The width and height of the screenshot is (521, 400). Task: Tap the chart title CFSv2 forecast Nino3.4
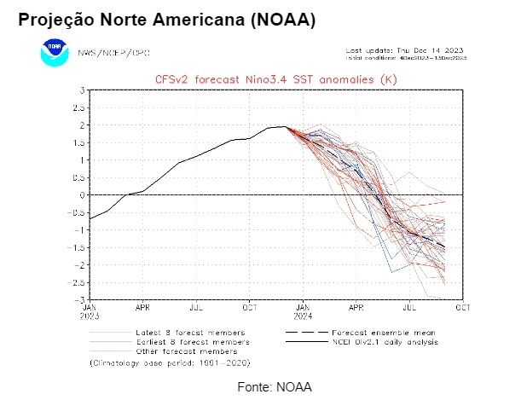tap(276, 78)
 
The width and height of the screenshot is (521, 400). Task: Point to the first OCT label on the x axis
tap(250, 306)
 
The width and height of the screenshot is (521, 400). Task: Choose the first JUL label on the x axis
tap(196, 306)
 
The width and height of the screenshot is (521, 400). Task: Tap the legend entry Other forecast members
tap(187, 351)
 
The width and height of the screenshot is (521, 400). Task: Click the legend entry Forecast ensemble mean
tap(385, 333)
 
